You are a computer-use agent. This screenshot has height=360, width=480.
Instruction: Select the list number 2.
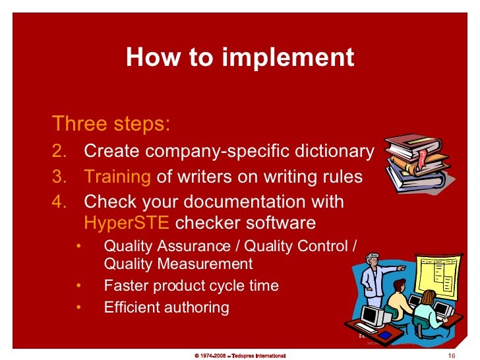pyautogui.click(x=59, y=152)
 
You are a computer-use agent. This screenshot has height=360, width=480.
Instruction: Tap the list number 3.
pyautogui.click(x=59, y=177)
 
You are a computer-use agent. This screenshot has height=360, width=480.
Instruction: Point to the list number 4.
pyautogui.click(x=59, y=201)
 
